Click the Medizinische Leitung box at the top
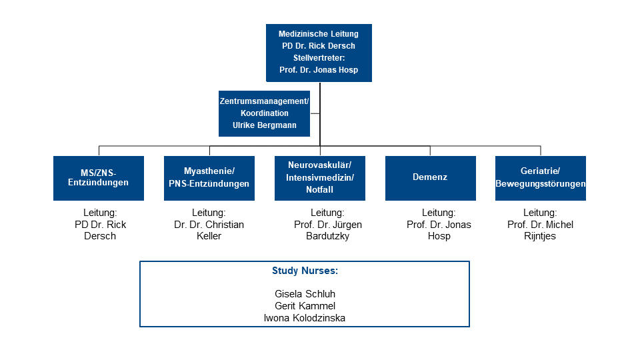pyautogui.click(x=319, y=53)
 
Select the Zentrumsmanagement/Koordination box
pyautogui.click(x=264, y=113)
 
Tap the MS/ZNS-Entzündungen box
pyautogui.click(x=99, y=178)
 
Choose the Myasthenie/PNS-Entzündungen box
pyautogui.click(x=209, y=178)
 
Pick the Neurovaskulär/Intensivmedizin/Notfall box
pyautogui.click(x=319, y=178)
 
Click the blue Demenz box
pyautogui.click(x=430, y=178)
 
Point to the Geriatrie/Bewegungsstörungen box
pyautogui.click(x=541, y=178)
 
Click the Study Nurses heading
pyautogui.click(x=305, y=271)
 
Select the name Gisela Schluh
pyautogui.click(x=305, y=294)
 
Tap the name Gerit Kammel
pyautogui.click(x=305, y=306)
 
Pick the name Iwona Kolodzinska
pyautogui.click(x=305, y=318)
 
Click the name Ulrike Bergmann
pyautogui.click(x=265, y=125)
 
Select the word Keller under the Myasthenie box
pyautogui.click(x=209, y=236)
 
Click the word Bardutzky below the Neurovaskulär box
pyautogui.click(x=328, y=236)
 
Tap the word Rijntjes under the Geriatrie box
pyautogui.click(x=540, y=236)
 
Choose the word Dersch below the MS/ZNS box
pyautogui.click(x=100, y=236)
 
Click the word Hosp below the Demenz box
pyautogui.click(x=439, y=236)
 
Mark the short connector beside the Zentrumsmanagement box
pyautogui.click(x=315, y=113)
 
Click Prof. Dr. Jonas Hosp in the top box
pyautogui.click(x=319, y=70)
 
